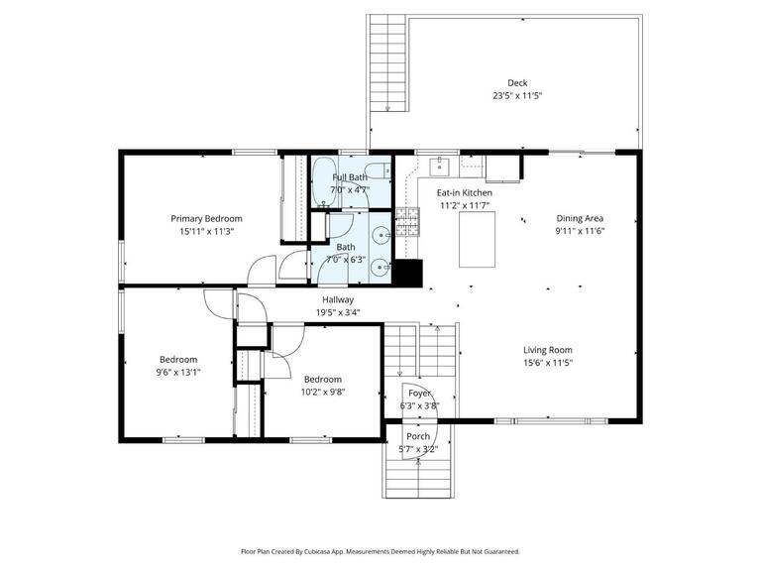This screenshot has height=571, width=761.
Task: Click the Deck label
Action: tap(517, 83)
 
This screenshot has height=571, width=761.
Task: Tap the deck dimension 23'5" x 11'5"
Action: tap(517, 96)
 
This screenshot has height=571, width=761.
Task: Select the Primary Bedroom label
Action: tap(206, 219)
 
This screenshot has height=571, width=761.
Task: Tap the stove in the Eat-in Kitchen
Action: tap(407, 221)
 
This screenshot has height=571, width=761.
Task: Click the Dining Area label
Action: tap(580, 219)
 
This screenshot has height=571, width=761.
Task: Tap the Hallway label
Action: tap(338, 299)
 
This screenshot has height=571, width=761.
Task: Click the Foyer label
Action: tap(419, 394)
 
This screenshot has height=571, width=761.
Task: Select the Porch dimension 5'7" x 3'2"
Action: tap(418, 449)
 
